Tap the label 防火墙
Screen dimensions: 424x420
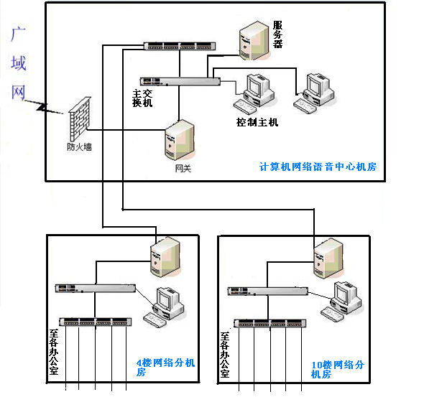point(79,147)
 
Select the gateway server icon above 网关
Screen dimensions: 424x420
point(180,140)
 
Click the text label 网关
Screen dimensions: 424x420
point(183,168)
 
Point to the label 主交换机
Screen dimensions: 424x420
point(142,98)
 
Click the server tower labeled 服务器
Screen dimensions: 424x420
point(254,40)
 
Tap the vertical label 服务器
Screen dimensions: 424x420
point(277,34)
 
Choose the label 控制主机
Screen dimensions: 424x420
point(257,122)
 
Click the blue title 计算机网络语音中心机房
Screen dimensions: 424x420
point(318,167)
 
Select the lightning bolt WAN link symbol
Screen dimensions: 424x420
point(43,107)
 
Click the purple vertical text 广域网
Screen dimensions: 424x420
point(19,63)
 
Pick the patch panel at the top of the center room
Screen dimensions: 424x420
point(180,46)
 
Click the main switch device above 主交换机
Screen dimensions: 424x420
point(180,81)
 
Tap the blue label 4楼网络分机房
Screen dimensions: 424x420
point(165,367)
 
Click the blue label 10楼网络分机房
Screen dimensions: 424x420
point(338,370)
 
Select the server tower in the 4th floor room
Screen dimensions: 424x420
point(165,257)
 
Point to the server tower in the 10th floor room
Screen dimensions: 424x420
point(329,258)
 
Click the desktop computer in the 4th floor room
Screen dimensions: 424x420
point(164,307)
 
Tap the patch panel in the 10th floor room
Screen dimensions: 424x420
point(270,323)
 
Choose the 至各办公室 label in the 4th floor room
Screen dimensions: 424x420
point(54,352)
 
